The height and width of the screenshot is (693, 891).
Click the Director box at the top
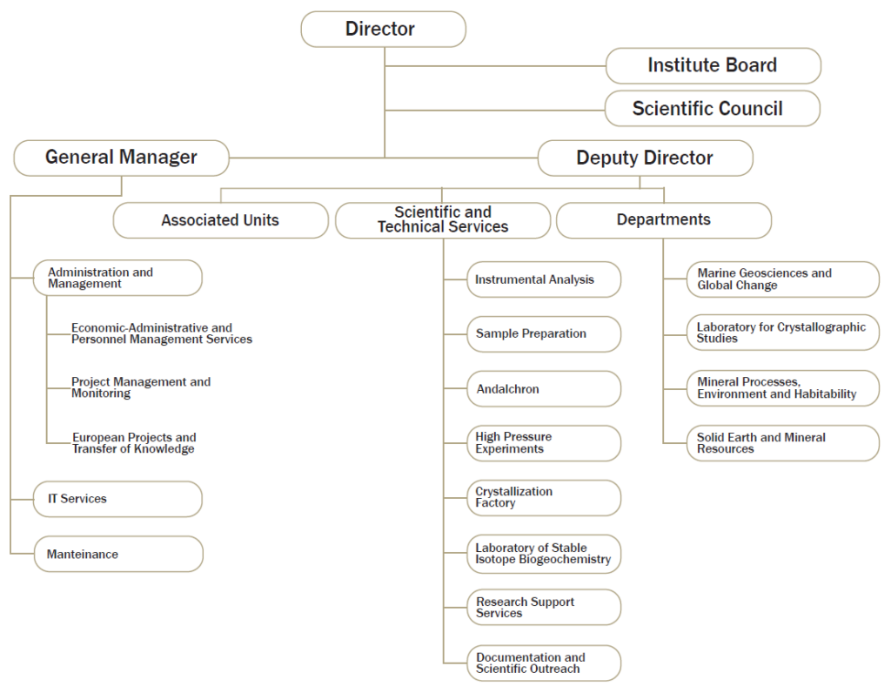click(384, 29)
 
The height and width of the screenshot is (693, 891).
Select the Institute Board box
click(713, 66)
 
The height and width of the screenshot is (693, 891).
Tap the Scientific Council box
click(713, 108)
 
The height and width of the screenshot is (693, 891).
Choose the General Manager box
click(122, 158)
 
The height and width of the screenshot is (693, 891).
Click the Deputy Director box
click(645, 158)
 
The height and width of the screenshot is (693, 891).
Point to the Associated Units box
click(220, 220)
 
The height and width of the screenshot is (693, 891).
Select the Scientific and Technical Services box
click(443, 220)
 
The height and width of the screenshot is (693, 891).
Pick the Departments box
click(664, 220)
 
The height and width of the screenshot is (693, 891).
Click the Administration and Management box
click(117, 278)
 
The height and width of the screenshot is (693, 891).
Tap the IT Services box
click(117, 499)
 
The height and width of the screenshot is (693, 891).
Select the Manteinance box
click(118, 554)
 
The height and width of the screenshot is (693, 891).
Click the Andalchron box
click(544, 389)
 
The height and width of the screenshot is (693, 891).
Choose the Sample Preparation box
click(544, 334)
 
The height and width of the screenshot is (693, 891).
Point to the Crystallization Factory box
click(544, 498)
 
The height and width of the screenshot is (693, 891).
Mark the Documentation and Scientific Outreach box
click(544, 663)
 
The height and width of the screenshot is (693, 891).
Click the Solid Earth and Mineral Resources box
click(783, 443)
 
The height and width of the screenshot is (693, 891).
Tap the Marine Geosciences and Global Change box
click(783, 279)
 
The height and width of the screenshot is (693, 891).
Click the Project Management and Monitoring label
click(141, 387)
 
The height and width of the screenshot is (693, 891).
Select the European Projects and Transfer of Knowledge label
click(134, 443)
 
